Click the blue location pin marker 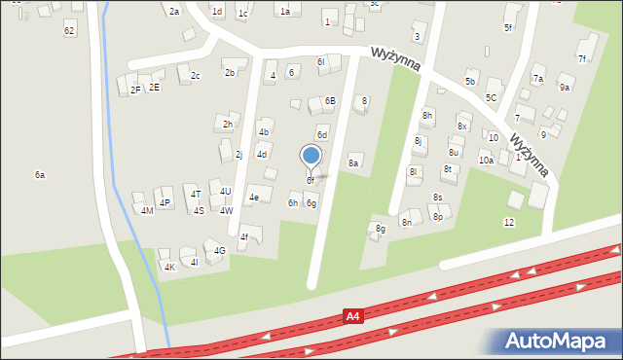(x=311, y=156)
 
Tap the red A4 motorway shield (x=355, y=316)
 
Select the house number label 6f (x=311, y=180)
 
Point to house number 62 (x=69, y=30)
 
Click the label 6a (x=40, y=174)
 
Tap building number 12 (x=508, y=222)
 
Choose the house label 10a (x=486, y=160)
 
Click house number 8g (x=381, y=229)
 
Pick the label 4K (x=169, y=267)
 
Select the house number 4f (x=244, y=236)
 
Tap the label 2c (x=196, y=75)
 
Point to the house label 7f (x=582, y=58)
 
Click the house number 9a (x=565, y=87)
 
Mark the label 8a (x=354, y=162)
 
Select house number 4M (x=147, y=210)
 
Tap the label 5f (x=508, y=27)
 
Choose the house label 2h (x=227, y=124)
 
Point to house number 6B (x=330, y=100)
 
